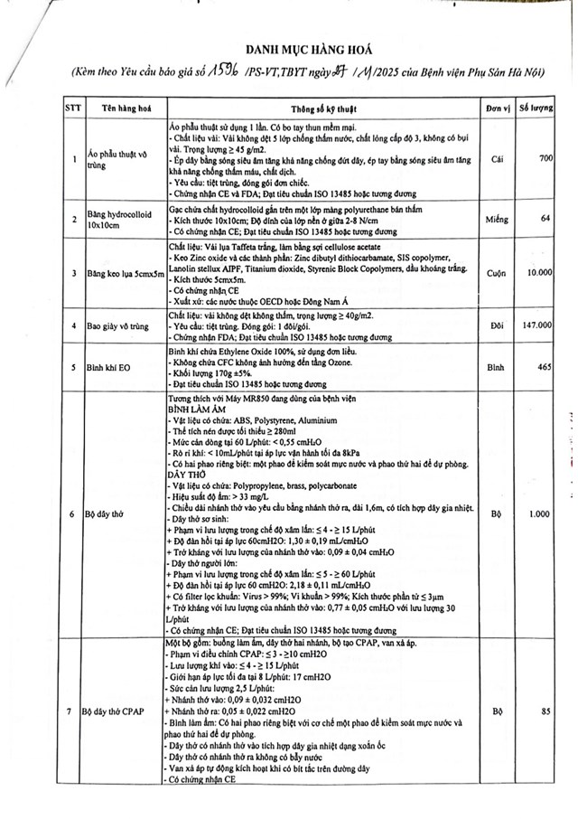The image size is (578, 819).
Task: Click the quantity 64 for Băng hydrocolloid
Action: click(545, 219)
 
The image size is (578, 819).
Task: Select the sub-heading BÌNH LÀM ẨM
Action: click(198, 408)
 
